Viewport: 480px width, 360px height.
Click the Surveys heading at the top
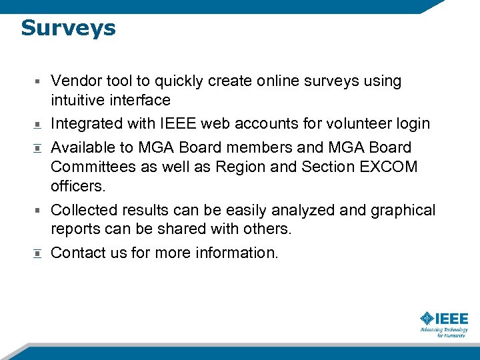pos(68,28)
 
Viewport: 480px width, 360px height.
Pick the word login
pos(414,124)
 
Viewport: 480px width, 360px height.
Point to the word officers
pos(78,186)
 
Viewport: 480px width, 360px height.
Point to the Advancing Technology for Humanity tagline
pos(444,332)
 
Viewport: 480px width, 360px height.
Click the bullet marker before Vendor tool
pos(39,81)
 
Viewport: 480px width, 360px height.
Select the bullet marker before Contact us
pos(39,253)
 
